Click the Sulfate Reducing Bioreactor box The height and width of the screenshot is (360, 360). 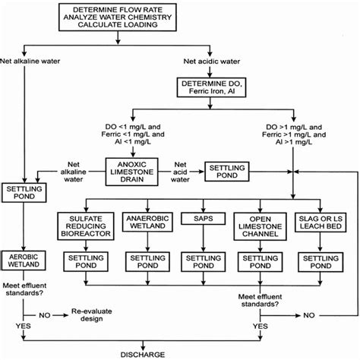coord(86,226)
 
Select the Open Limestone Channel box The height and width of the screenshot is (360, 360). coord(259,226)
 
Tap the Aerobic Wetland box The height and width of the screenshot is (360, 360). coord(25,259)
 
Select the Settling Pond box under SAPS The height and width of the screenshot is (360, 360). coord(203,262)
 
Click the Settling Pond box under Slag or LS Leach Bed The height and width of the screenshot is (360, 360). coord(321,262)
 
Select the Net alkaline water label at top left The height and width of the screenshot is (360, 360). coord(31,61)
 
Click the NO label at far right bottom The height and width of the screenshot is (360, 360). coord(309,313)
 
